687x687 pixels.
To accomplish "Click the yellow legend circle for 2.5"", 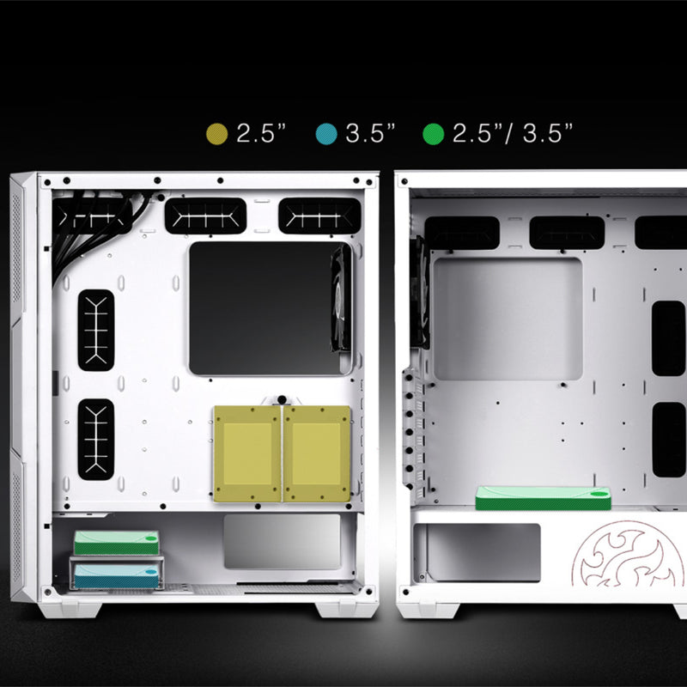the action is [x=217, y=134].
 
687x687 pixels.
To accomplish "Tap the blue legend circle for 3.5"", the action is [x=326, y=134].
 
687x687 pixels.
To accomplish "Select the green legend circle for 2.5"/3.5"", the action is [x=434, y=134].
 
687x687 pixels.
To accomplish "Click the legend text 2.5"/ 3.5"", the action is [x=513, y=133].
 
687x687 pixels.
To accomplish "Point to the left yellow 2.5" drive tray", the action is [x=247, y=453].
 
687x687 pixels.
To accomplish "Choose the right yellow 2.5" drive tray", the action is [x=317, y=453].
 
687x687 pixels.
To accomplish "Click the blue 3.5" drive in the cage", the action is [x=116, y=575].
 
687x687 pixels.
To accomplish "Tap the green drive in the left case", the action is [x=116, y=543].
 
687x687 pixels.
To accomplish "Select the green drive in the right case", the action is [x=544, y=498].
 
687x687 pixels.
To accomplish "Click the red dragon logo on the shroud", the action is [x=629, y=553].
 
